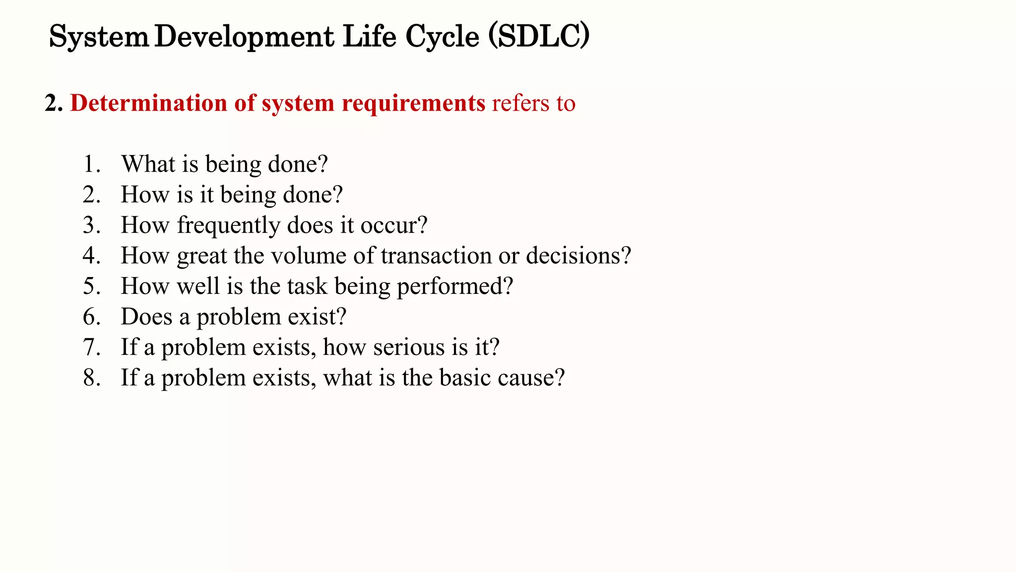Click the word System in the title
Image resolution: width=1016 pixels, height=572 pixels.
[99, 37]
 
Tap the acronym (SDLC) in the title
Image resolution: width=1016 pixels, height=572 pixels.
[539, 36]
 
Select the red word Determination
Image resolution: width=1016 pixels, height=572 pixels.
[148, 103]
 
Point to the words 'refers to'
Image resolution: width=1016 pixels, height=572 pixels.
[533, 103]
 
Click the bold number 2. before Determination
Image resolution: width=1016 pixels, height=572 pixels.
[54, 103]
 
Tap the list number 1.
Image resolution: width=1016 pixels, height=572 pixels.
[91, 164]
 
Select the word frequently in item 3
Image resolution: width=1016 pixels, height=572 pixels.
[229, 226]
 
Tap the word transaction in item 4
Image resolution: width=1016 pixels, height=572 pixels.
[436, 256]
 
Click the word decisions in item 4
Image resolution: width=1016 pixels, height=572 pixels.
[574, 256]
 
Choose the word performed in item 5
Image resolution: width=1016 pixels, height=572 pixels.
[451, 287]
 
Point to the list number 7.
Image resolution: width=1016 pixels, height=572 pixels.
[91, 347]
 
